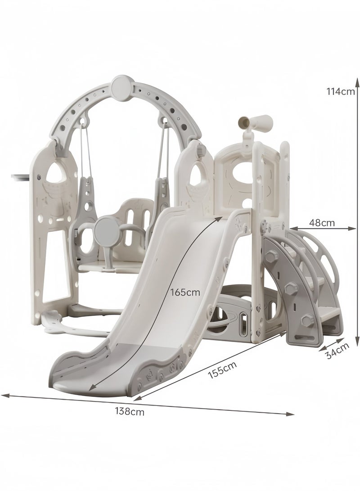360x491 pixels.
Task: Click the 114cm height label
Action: [x=341, y=91]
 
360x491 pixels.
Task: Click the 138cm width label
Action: [x=130, y=411]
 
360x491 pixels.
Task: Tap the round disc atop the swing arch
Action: [x=121, y=84]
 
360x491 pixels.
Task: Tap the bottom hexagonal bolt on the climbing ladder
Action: [x=307, y=320]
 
